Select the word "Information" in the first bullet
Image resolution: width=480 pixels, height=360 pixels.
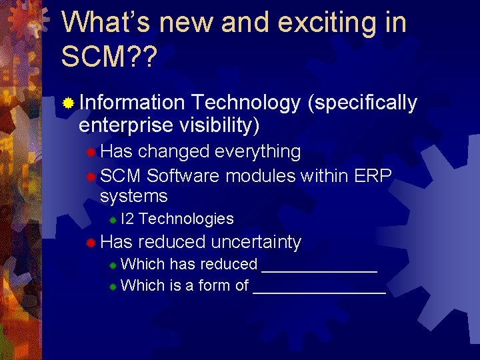tap(131, 103)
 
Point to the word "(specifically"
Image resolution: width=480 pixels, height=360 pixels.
tap(363, 103)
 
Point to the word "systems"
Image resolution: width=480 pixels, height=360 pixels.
tap(133, 197)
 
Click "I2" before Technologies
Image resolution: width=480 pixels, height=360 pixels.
tap(128, 219)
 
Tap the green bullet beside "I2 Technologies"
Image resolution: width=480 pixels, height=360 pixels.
tap(113, 219)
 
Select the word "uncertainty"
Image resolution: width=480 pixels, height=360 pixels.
tap(256, 242)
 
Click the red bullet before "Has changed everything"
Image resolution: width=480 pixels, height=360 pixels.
tap(91, 153)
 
